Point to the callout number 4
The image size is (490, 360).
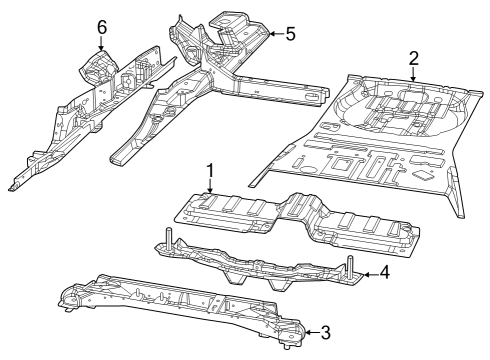click(x=384, y=271)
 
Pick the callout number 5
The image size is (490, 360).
click(x=290, y=34)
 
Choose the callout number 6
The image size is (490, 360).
click(x=101, y=27)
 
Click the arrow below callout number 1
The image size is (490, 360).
click(x=210, y=187)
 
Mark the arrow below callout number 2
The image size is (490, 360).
click(x=413, y=73)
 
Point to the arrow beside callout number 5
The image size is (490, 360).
click(x=272, y=34)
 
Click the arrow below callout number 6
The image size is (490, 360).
click(x=101, y=45)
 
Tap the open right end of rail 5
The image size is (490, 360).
click(x=318, y=95)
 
